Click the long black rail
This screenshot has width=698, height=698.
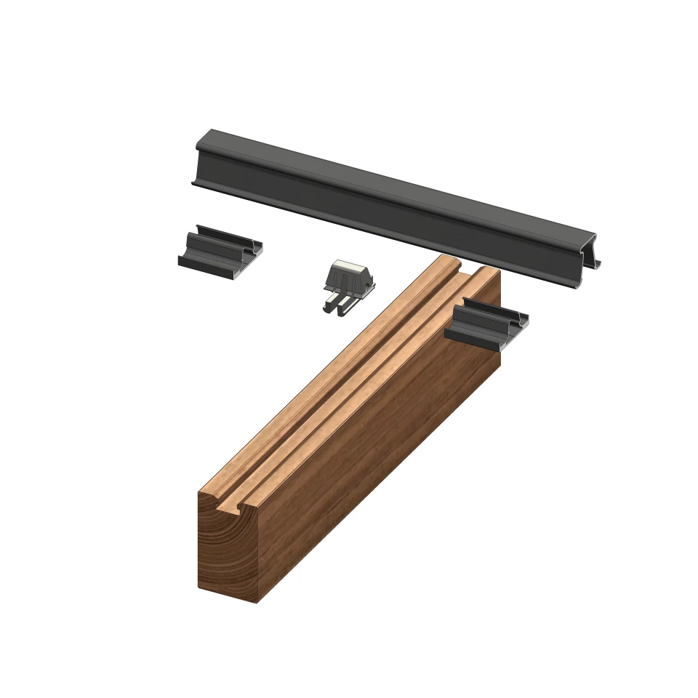393,211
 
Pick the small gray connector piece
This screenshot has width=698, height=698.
348,287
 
